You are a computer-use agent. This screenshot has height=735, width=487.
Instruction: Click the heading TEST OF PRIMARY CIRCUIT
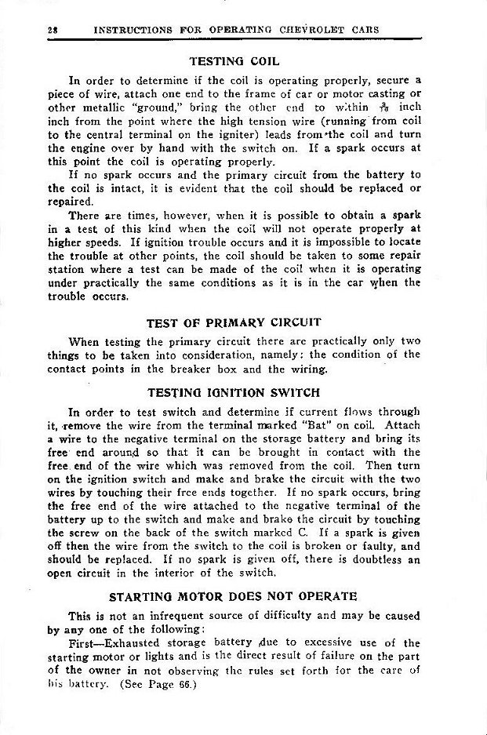(234, 321)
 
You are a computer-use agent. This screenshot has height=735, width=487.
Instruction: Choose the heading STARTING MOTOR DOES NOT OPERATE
(234, 595)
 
